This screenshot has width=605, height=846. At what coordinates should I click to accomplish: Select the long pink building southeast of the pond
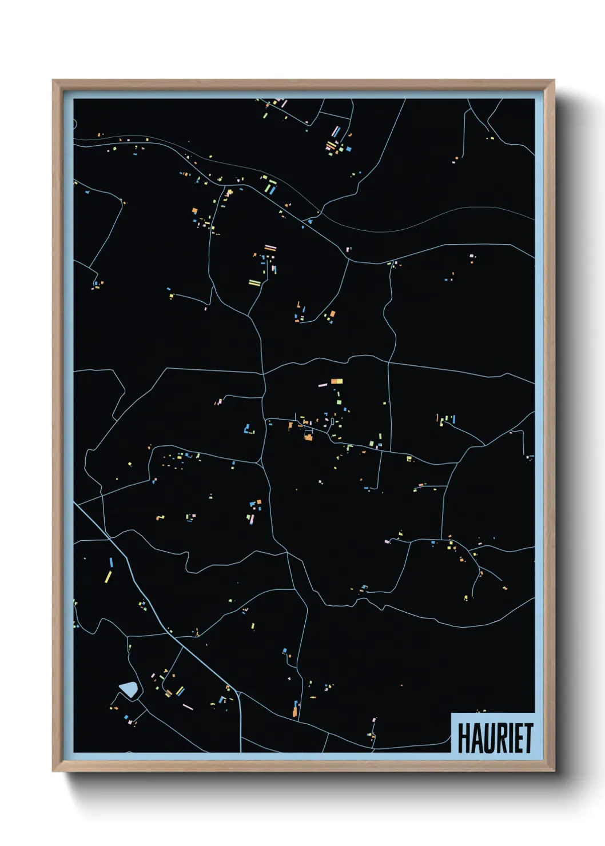coord(188,707)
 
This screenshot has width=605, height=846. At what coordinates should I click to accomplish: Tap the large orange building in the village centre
coord(309,437)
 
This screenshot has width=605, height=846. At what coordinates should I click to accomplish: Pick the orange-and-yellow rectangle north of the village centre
coord(336,381)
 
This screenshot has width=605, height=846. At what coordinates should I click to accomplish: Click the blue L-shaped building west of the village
coord(248,429)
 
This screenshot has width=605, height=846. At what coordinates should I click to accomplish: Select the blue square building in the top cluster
coord(348,149)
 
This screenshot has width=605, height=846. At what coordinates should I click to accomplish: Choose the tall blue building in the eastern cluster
coord(453,419)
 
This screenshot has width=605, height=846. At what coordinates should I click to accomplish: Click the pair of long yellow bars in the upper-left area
coord(254,282)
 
